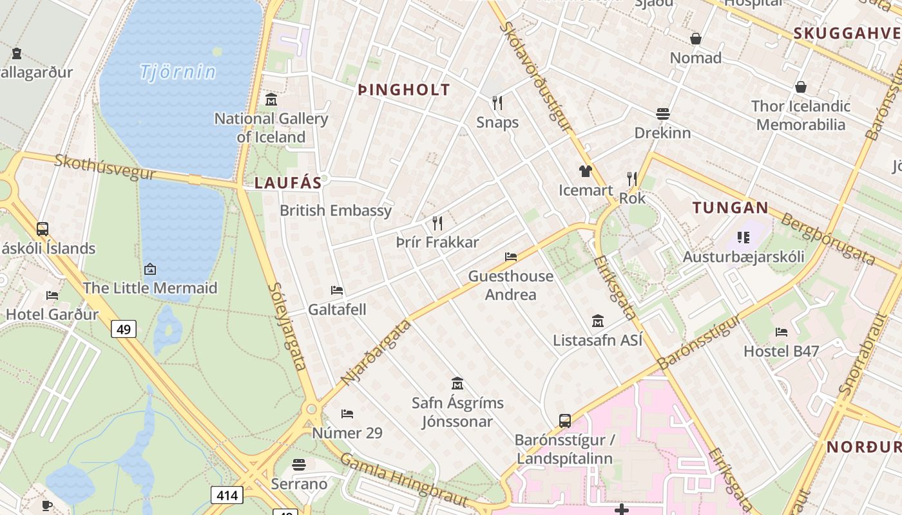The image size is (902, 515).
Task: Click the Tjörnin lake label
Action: click(178, 71)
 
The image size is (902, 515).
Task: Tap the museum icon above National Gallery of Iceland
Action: click(271, 100)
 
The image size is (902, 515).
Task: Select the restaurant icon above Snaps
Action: click(497, 103)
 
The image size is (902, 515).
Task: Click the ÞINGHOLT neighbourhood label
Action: click(404, 90)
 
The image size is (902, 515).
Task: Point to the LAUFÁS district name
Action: click(288, 183)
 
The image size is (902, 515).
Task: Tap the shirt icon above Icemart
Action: click(585, 171)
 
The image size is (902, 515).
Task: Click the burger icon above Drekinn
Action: click(663, 114)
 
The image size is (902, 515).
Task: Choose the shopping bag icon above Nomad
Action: click(696, 39)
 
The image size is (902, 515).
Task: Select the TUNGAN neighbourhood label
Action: click(730, 208)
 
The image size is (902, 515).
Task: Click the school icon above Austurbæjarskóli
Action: click(744, 238)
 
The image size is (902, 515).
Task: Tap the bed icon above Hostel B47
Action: click(782, 332)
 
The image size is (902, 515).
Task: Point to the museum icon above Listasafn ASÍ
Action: click(598, 321)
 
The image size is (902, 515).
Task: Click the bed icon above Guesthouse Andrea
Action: click(511, 257)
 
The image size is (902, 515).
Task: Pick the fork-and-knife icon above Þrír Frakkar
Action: click(437, 223)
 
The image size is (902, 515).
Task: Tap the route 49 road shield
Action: click(124, 330)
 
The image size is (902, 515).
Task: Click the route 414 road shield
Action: click(227, 495)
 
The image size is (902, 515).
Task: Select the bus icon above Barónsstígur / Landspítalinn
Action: click(565, 421)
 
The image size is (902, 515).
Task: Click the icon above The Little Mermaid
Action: click(150, 269)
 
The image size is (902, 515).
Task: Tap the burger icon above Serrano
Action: click(299, 464)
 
